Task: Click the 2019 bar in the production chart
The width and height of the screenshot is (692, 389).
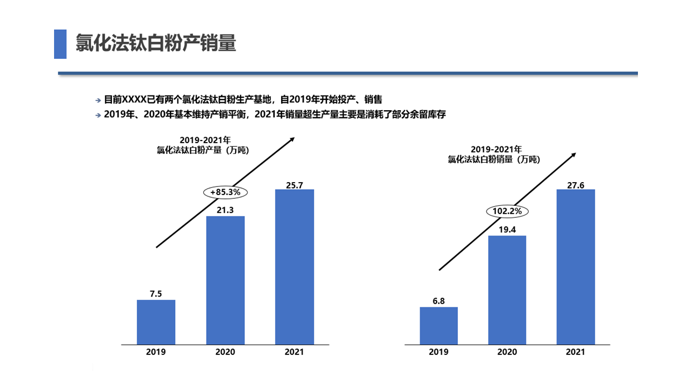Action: point(156,321)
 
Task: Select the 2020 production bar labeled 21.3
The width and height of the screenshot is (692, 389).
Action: point(225,280)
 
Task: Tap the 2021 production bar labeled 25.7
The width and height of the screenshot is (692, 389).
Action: point(294,266)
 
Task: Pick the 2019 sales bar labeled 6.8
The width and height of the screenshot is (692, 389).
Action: point(438,325)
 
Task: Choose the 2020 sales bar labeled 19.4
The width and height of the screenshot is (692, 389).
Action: point(507,290)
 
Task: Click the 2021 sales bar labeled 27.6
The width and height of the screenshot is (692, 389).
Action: point(576,266)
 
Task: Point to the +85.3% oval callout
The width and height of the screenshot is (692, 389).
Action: point(225,192)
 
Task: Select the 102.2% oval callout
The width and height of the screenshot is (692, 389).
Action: point(508,211)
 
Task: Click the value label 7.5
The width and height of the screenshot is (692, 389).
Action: point(156,294)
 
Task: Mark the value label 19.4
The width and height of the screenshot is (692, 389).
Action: point(507,230)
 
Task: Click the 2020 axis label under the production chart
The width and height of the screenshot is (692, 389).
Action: point(225,352)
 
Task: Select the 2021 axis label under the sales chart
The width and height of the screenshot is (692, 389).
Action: point(576,352)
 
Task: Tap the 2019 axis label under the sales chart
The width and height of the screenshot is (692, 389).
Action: point(438,352)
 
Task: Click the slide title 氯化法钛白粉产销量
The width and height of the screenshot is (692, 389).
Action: point(156,44)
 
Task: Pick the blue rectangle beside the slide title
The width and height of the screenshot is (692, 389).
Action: point(60,44)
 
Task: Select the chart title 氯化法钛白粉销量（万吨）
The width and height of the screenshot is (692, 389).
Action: point(494,159)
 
